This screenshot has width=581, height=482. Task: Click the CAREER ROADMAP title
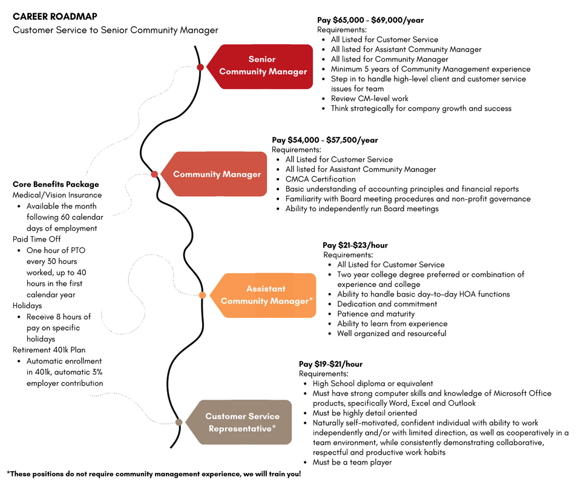click(x=54, y=16)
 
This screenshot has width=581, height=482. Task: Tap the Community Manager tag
click(x=217, y=174)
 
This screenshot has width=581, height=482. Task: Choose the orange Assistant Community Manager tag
click(x=266, y=295)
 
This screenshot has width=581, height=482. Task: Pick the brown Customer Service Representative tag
click(x=241, y=422)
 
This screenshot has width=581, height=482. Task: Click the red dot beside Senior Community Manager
click(x=200, y=67)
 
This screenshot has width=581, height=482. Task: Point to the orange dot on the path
click(x=202, y=295)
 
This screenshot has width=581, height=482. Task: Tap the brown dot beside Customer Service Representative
click(x=179, y=422)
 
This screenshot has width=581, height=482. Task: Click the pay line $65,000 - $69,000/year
click(x=370, y=20)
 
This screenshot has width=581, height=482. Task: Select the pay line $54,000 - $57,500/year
click(x=325, y=140)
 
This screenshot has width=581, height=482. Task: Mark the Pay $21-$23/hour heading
click(x=355, y=245)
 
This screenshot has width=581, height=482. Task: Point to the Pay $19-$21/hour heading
click(x=330, y=364)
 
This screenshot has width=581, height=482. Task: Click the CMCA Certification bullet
click(x=320, y=179)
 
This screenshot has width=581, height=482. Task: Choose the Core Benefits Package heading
click(x=56, y=184)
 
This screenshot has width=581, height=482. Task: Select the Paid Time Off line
click(x=37, y=239)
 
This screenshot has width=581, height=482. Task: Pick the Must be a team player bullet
click(x=352, y=462)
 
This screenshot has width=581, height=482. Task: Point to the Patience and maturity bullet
click(x=376, y=314)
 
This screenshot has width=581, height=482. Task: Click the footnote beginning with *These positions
click(x=154, y=474)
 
